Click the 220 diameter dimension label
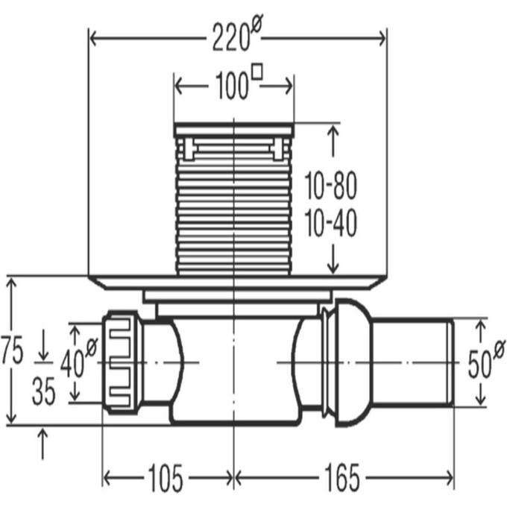coord(232,37)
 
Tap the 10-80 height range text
coord(331,187)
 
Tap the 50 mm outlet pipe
coord(414,362)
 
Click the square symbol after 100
coord(258,72)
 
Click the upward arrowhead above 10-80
coord(333,132)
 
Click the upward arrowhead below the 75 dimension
coord(43,434)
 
